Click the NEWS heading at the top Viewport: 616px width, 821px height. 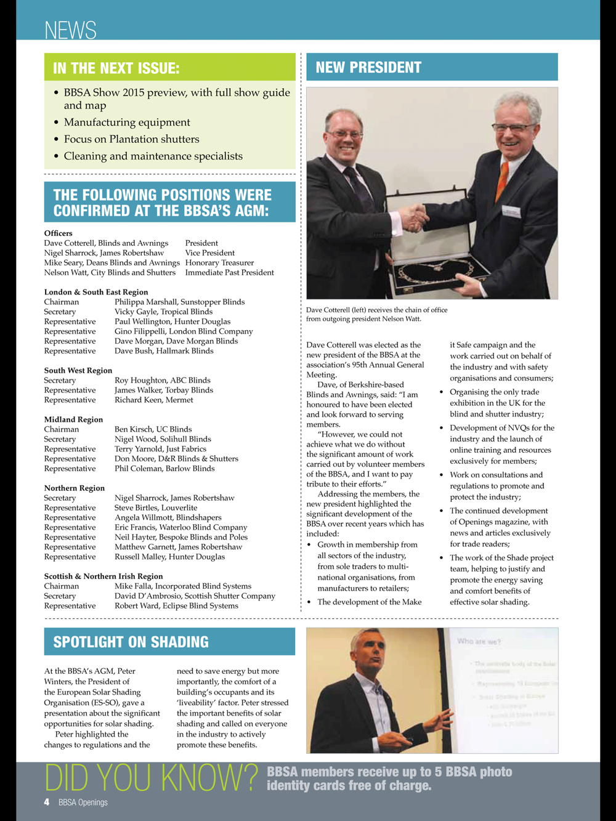pyautogui.click(x=70, y=30)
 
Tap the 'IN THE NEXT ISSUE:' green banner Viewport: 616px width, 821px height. pyautogui.click(x=116, y=68)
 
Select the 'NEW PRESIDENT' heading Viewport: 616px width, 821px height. pyautogui.click(x=368, y=67)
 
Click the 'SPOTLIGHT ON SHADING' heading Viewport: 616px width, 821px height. pyautogui.click(x=131, y=642)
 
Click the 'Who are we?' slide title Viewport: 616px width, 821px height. pyautogui.click(x=479, y=641)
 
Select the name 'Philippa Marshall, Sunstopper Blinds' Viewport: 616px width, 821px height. pyautogui.click(x=179, y=302)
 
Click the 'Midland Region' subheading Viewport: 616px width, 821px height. pyautogui.click(x=73, y=419)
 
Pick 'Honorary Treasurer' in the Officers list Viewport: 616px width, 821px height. pyautogui.click(x=219, y=262)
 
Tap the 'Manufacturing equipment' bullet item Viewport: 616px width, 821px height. pyautogui.click(x=127, y=122)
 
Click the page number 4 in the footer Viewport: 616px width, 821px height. pyautogui.click(x=47, y=802)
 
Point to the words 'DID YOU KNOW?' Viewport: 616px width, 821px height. pyautogui.click(x=151, y=779)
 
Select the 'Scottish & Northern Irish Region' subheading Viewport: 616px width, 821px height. pyautogui.click(x=103, y=576)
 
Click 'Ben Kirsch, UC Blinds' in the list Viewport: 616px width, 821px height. pyautogui.click(x=153, y=429)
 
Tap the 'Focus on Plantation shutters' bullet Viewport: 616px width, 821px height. pyautogui.click(x=131, y=139)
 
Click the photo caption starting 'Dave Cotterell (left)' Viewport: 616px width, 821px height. pyautogui.click(x=376, y=314)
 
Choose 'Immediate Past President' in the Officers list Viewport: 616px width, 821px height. pyautogui.click(x=229, y=272)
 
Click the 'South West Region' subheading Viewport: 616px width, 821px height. pyautogui.click(x=78, y=370)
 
